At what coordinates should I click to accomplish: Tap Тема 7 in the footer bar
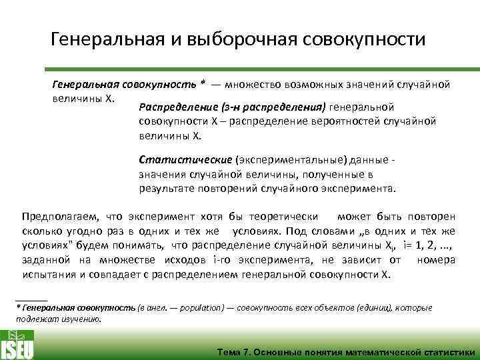pyautogui.click(x=235, y=352)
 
